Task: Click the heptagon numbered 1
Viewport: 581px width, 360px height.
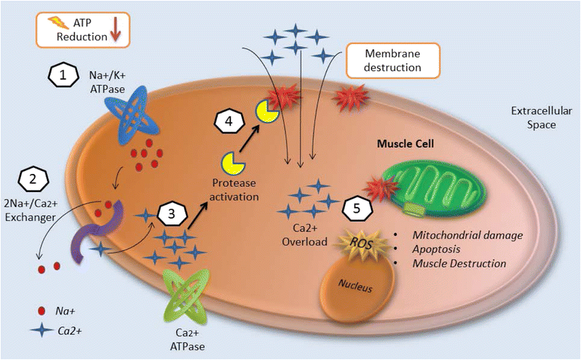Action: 63,75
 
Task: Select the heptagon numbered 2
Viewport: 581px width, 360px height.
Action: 34,179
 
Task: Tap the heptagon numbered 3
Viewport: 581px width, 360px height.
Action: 172,214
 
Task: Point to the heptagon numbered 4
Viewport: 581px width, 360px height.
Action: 229,121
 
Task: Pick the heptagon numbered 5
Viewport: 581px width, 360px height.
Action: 357,208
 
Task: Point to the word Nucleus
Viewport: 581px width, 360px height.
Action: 355,285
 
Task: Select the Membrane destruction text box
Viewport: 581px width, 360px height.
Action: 392,60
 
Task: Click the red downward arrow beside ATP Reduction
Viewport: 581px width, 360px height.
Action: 115,31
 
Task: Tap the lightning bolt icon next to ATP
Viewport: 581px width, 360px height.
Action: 58,22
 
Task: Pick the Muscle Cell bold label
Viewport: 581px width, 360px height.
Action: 405,143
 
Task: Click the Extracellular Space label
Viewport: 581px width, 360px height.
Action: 541,117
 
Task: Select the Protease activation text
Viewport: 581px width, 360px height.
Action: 234,190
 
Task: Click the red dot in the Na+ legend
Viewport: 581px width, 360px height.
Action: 42,311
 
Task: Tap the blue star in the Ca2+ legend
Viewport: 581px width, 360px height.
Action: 42,329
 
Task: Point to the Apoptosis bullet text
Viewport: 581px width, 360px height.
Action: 436,249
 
